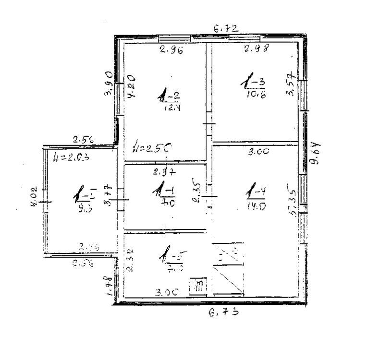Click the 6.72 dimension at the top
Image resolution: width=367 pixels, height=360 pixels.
click(226, 29)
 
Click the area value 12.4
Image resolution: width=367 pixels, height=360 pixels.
click(171, 108)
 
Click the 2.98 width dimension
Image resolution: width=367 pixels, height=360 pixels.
click(256, 48)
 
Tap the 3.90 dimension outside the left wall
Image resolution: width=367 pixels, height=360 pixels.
click(109, 83)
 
